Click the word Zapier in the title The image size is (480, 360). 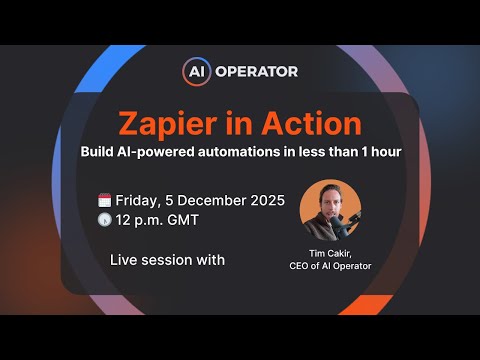(164, 123)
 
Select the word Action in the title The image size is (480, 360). (311, 123)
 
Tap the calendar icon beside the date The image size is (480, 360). (104, 199)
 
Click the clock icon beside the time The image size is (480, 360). (104, 220)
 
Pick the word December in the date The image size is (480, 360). (218, 199)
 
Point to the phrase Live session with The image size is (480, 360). (167, 260)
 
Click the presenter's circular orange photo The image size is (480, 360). (329, 209)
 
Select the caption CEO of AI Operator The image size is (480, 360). (329, 265)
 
